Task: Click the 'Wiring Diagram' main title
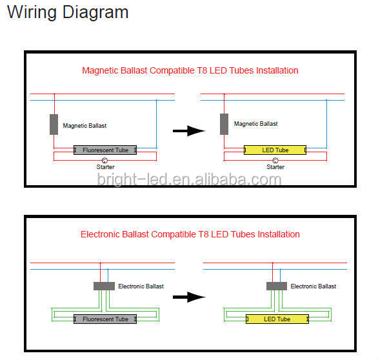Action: click(68, 12)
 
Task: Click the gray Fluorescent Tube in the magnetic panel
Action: click(105, 150)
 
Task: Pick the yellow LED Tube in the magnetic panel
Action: click(275, 150)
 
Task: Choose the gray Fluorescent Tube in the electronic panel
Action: click(105, 319)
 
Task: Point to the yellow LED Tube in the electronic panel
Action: click(277, 319)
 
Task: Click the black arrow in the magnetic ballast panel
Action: click(189, 131)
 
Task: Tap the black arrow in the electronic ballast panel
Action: click(189, 297)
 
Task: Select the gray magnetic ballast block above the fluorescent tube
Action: click(54, 125)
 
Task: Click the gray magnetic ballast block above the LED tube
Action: click(224, 124)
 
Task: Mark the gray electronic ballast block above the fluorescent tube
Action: click(104, 286)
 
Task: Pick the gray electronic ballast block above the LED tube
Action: click(277, 286)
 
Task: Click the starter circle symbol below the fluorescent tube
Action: click(104, 161)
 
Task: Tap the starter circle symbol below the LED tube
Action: click(275, 161)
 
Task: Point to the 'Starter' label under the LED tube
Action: click(275, 167)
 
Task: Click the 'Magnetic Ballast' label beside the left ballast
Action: click(85, 126)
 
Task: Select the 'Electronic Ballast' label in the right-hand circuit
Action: click(313, 286)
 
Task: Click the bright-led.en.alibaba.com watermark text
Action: click(189, 180)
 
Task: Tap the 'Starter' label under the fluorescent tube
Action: click(105, 167)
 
